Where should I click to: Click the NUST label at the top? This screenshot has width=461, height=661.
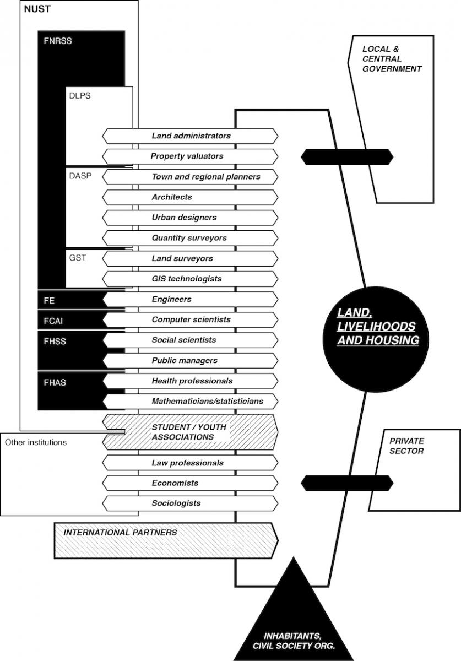(x=37, y=9)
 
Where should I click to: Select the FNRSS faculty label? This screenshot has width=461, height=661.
(x=57, y=41)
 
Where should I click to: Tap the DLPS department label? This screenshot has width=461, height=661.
(x=80, y=96)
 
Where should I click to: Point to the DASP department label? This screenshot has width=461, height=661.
(x=80, y=176)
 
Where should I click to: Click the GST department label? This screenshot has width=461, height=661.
(x=78, y=258)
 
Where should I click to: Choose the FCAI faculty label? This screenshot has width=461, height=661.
(x=53, y=321)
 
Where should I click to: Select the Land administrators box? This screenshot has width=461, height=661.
(x=190, y=136)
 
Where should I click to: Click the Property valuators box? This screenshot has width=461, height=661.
(x=190, y=156)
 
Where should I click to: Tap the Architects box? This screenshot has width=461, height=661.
(x=190, y=197)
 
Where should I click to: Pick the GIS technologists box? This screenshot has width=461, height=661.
(x=190, y=279)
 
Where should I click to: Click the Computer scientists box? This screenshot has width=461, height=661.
(x=190, y=319)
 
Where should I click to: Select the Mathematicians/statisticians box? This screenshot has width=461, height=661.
(x=190, y=402)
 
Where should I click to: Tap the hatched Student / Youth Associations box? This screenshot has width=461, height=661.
(x=190, y=432)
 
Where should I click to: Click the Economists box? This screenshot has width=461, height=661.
(x=190, y=483)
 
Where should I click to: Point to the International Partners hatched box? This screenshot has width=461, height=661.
(x=166, y=540)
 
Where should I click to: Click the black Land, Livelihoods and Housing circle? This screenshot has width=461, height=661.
(x=376, y=339)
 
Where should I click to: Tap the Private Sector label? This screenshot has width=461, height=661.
(x=406, y=446)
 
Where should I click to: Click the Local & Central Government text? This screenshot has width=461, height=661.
(x=392, y=59)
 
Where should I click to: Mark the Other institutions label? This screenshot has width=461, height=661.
(x=36, y=442)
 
